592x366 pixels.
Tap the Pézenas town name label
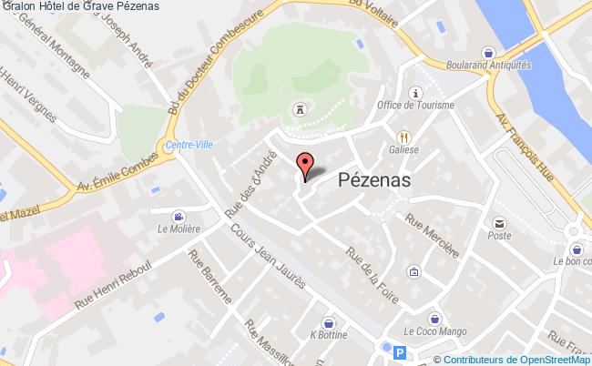pyautogui.click(x=374, y=180)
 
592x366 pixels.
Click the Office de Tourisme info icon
pyautogui.click(x=417, y=93)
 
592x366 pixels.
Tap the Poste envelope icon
pyautogui.click(x=499, y=223)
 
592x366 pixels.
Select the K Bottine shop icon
pyautogui.click(x=327, y=322)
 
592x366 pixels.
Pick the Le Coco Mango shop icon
pyautogui.click(x=435, y=319)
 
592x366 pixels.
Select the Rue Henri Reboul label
pyautogui.click(x=108, y=291)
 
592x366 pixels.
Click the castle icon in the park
pyautogui.click(x=300, y=110)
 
